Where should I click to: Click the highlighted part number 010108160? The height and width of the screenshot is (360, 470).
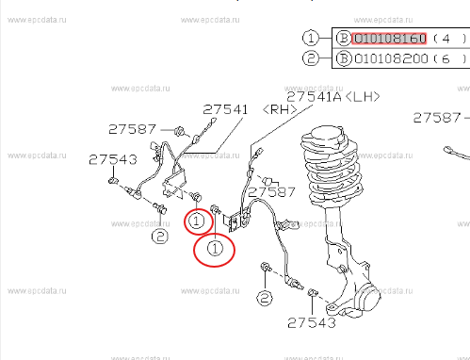[x=390, y=39]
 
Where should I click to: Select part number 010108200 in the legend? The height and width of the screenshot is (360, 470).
[x=390, y=58]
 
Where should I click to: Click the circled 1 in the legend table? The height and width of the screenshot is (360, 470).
[x=312, y=39]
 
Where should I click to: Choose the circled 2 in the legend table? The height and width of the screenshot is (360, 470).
[x=312, y=58]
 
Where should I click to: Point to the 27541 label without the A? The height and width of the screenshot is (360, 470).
[x=226, y=110]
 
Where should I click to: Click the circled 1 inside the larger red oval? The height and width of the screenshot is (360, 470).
[x=215, y=249]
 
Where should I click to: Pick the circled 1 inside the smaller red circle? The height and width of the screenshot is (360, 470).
[x=196, y=222]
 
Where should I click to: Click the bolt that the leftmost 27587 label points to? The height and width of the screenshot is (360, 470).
[x=176, y=129]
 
